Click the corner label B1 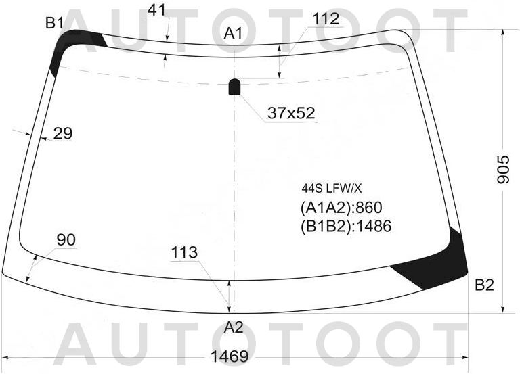(x=54, y=23)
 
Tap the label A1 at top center (x=234, y=33)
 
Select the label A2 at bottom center (x=234, y=327)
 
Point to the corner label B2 (x=485, y=285)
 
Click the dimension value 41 (x=156, y=11)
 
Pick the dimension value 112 (x=326, y=19)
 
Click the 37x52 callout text (x=291, y=114)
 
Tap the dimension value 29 (x=63, y=133)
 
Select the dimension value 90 (x=66, y=239)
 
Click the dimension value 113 (x=184, y=252)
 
